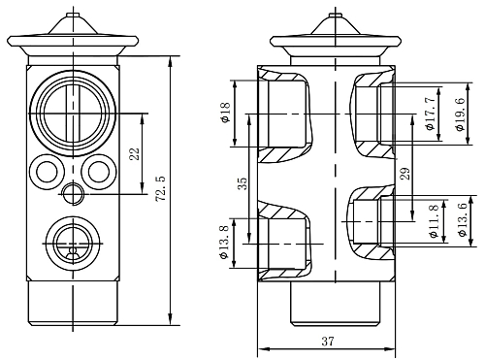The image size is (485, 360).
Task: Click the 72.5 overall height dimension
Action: click(x=161, y=189)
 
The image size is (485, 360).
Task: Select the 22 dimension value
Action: click(x=134, y=154)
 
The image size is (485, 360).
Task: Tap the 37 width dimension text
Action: click(x=327, y=341)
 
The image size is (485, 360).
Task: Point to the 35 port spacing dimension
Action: click(x=242, y=183)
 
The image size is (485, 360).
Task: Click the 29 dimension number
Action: click(x=404, y=174)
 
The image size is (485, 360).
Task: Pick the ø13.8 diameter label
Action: click(x=224, y=242)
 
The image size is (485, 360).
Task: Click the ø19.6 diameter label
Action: click(x=460, y=115)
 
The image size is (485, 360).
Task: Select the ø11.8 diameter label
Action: click(x=435, y=221)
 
